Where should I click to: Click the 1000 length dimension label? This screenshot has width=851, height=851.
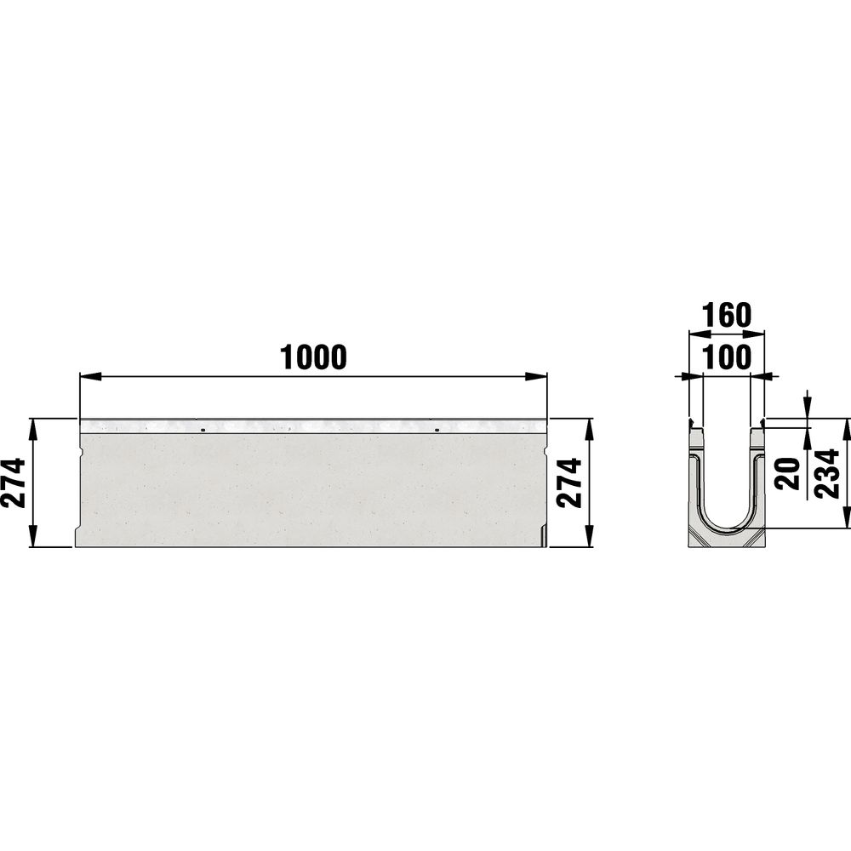(313, 357)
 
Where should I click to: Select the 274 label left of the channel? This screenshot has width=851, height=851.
(14, 483)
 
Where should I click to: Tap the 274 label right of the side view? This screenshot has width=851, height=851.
(570, 483)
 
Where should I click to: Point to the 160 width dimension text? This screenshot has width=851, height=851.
(727, 316)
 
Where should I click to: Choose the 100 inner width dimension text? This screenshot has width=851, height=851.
(727, 357)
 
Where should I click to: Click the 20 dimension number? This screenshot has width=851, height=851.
(788, 474)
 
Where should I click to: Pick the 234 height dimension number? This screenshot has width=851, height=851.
(828, 473)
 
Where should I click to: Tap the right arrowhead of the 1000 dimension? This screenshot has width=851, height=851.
(535, 376)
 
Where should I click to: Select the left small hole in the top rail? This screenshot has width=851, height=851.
(203, 431)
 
